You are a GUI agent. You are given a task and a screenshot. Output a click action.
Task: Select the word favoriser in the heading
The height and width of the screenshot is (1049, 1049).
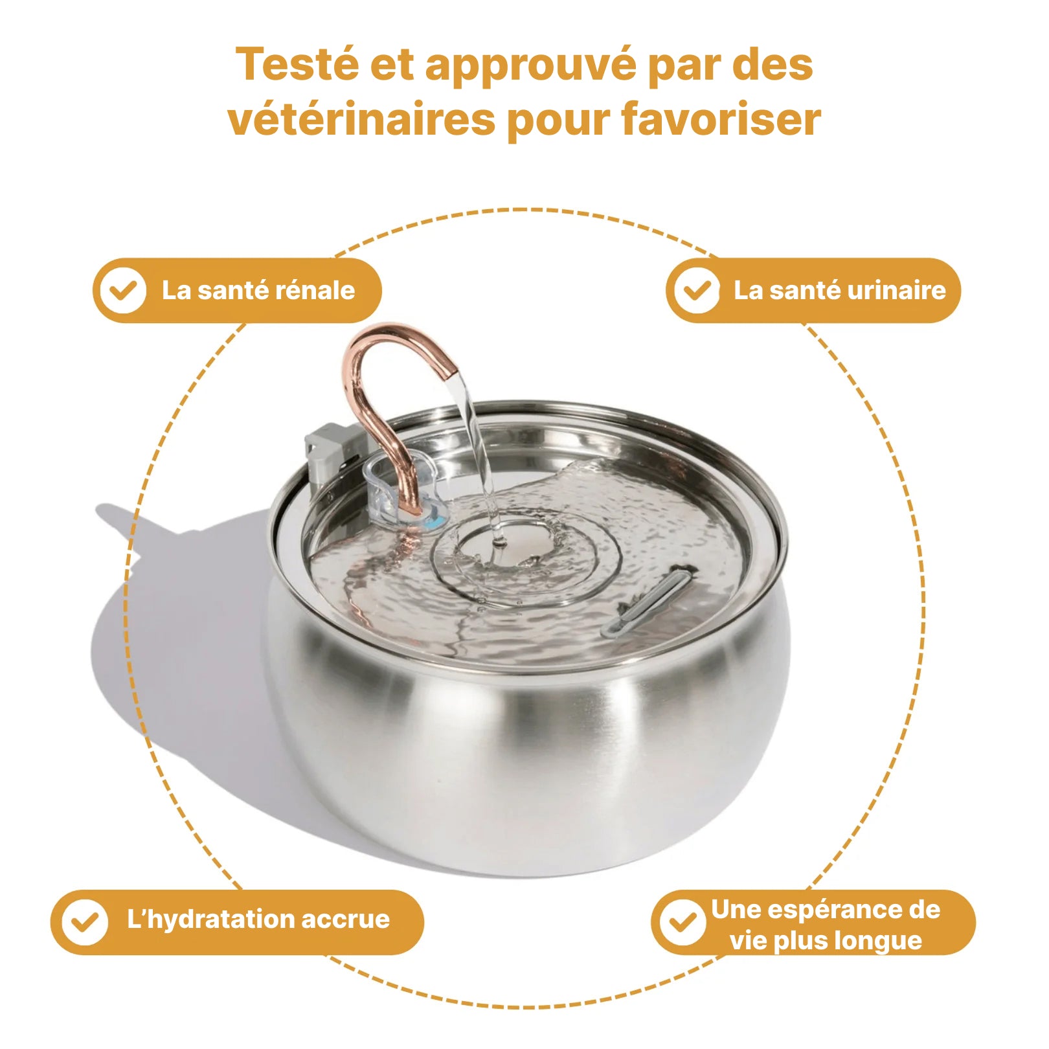(x=721, y=120)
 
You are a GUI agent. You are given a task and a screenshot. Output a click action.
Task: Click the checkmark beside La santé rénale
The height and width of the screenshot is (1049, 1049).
(x=122, y=291)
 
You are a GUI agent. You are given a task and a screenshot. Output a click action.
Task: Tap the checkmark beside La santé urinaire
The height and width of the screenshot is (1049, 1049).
(x=695, y=291)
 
